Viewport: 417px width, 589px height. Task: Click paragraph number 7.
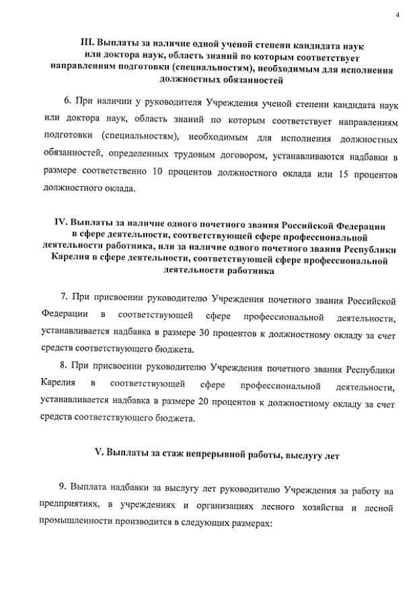(63, 299)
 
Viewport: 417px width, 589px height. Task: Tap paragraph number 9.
(63, 489)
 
